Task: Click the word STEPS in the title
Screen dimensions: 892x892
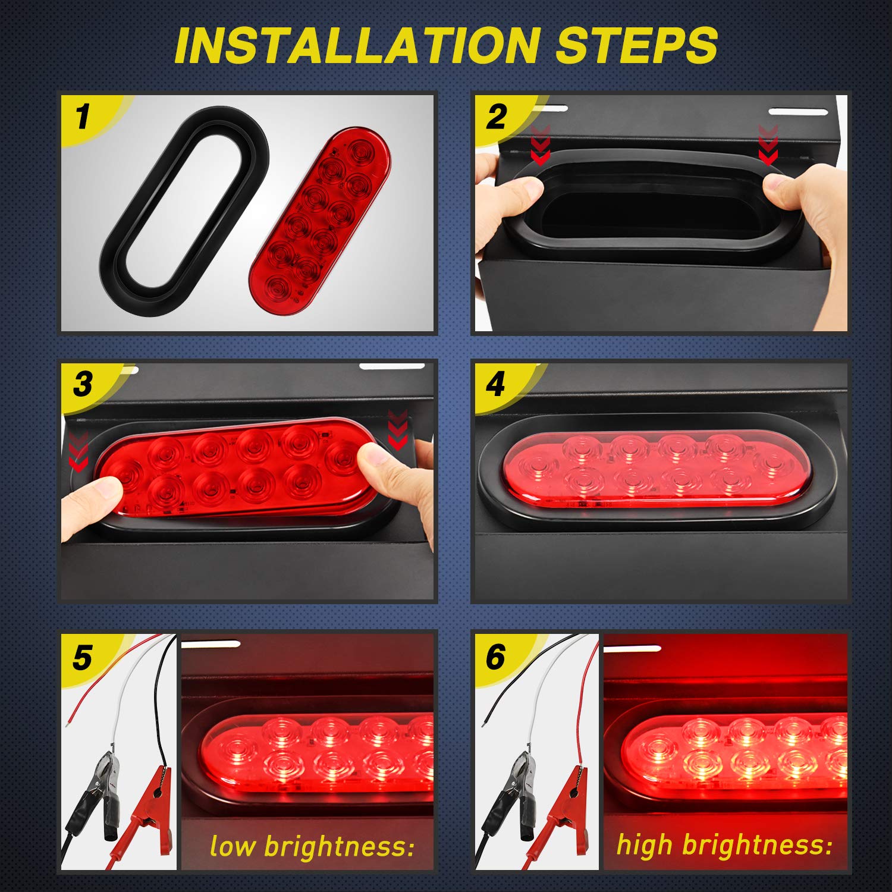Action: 636,45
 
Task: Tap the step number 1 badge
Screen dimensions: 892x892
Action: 83,116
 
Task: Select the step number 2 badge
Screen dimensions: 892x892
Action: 497,116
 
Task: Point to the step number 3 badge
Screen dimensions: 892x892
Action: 83,384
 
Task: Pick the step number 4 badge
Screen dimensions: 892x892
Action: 495,384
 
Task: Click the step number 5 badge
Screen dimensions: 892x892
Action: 82,658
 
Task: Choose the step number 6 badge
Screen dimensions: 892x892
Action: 495,658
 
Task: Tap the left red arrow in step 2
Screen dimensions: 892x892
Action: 540,146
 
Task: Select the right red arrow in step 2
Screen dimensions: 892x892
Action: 768,146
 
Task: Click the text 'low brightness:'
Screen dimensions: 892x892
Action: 312,846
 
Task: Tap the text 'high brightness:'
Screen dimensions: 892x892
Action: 724,844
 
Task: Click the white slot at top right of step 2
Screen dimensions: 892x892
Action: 797,111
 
